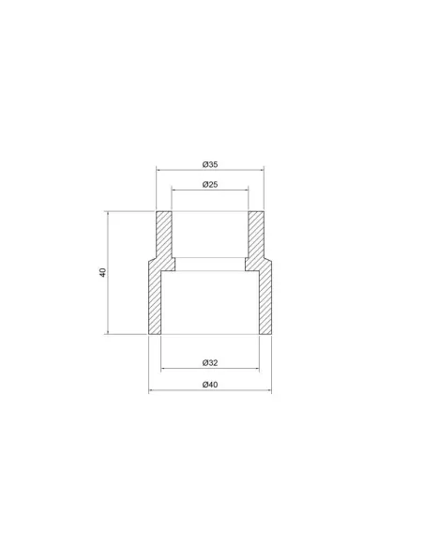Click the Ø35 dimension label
click(x=210, y=164)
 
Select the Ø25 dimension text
click(x=210, y=184)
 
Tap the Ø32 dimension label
click(x=210, y=363)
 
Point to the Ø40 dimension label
click(x=210, y=385)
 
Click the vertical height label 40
click(x=102, y=273)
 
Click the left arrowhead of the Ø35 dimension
click(x=159, y=170)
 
